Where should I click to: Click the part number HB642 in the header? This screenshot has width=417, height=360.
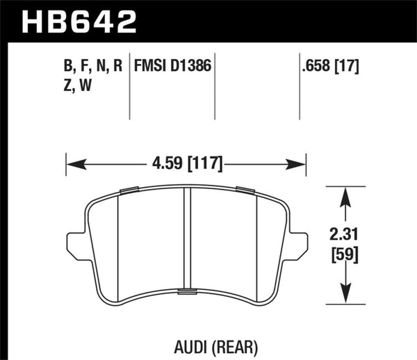coord(79,21)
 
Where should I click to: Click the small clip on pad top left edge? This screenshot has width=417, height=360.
coord(129,190)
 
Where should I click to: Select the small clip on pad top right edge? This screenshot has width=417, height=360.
coord(245,190)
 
